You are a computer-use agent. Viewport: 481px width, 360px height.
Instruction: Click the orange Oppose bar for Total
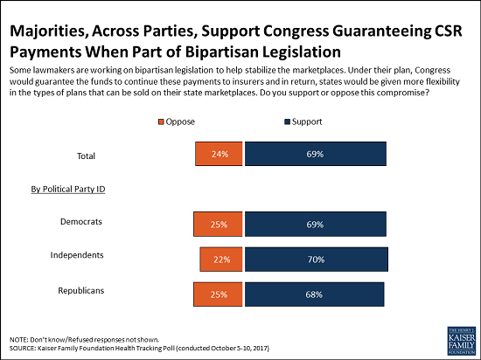(219, 154)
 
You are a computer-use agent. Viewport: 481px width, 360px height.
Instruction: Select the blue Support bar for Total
(316, 154)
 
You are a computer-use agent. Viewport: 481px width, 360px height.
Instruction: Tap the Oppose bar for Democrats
(218, 225)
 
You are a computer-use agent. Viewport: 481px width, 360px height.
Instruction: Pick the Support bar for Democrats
(316, 225)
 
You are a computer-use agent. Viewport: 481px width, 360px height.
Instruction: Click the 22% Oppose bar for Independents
(221, 260)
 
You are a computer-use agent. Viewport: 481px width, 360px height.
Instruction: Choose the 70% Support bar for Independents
(317, 260)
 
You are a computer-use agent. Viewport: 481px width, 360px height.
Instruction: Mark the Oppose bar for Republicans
(218, 294)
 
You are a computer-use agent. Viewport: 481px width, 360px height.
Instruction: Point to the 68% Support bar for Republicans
(315, 294)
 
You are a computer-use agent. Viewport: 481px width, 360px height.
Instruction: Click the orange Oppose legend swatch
(161, 122)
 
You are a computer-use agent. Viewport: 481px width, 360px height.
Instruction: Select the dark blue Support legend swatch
(288, 122)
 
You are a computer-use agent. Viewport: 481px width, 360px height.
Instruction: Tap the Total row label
(86, 156)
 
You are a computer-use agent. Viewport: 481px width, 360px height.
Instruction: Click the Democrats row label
(81, 222)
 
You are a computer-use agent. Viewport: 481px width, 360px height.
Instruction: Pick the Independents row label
(77, 255)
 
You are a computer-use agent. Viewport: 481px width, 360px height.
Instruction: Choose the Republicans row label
(81, 290)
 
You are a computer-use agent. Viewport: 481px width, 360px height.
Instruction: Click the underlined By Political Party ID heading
(68, 190)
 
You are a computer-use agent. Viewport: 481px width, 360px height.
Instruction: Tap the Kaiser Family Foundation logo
(462, 340)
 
